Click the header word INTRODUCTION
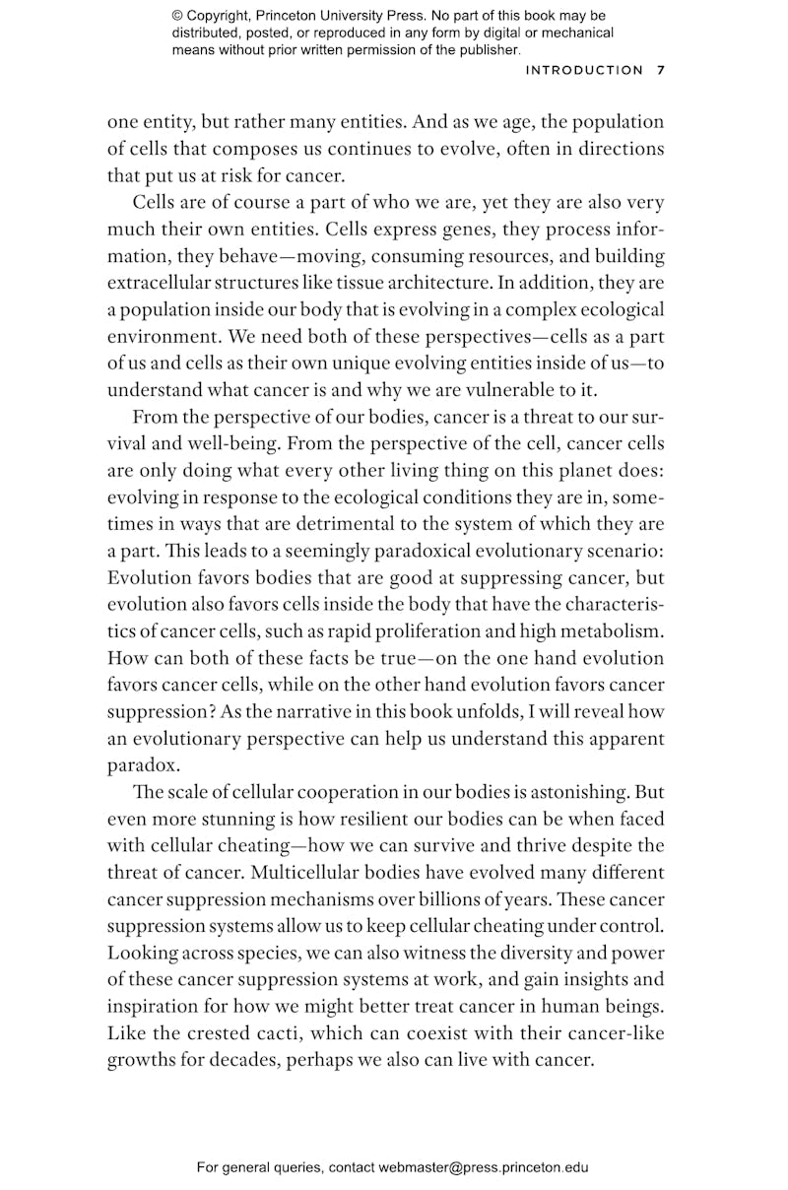(584, 70)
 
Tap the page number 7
(661, 70)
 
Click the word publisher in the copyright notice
(482, 49)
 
